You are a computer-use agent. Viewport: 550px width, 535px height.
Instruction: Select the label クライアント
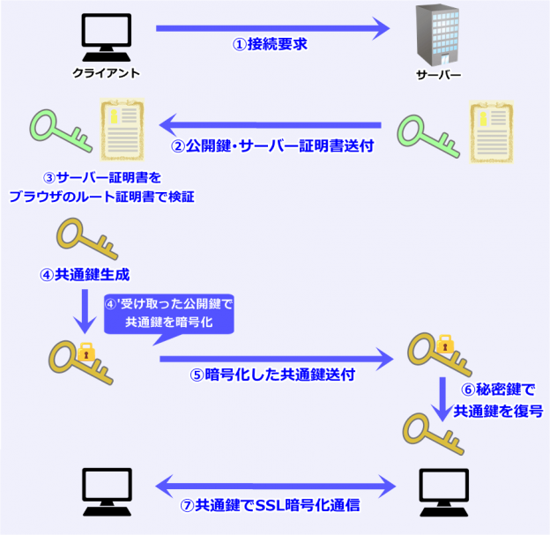pyautogui.click(x=106, y=73)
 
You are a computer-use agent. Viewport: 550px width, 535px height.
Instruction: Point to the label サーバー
pyautogui.click(x=438, y=73)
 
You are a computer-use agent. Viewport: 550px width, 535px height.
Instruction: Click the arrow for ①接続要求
pyautogui.click(x=273, y=28)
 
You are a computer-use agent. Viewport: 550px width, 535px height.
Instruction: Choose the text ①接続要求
pyautogui.click(x=270, y=44)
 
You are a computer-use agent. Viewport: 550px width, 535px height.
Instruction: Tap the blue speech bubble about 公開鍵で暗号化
pyautogui.click(x=169, y=314)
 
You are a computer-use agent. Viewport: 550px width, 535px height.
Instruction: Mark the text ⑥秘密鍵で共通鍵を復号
pyautogui.click(x=498, y=399)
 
